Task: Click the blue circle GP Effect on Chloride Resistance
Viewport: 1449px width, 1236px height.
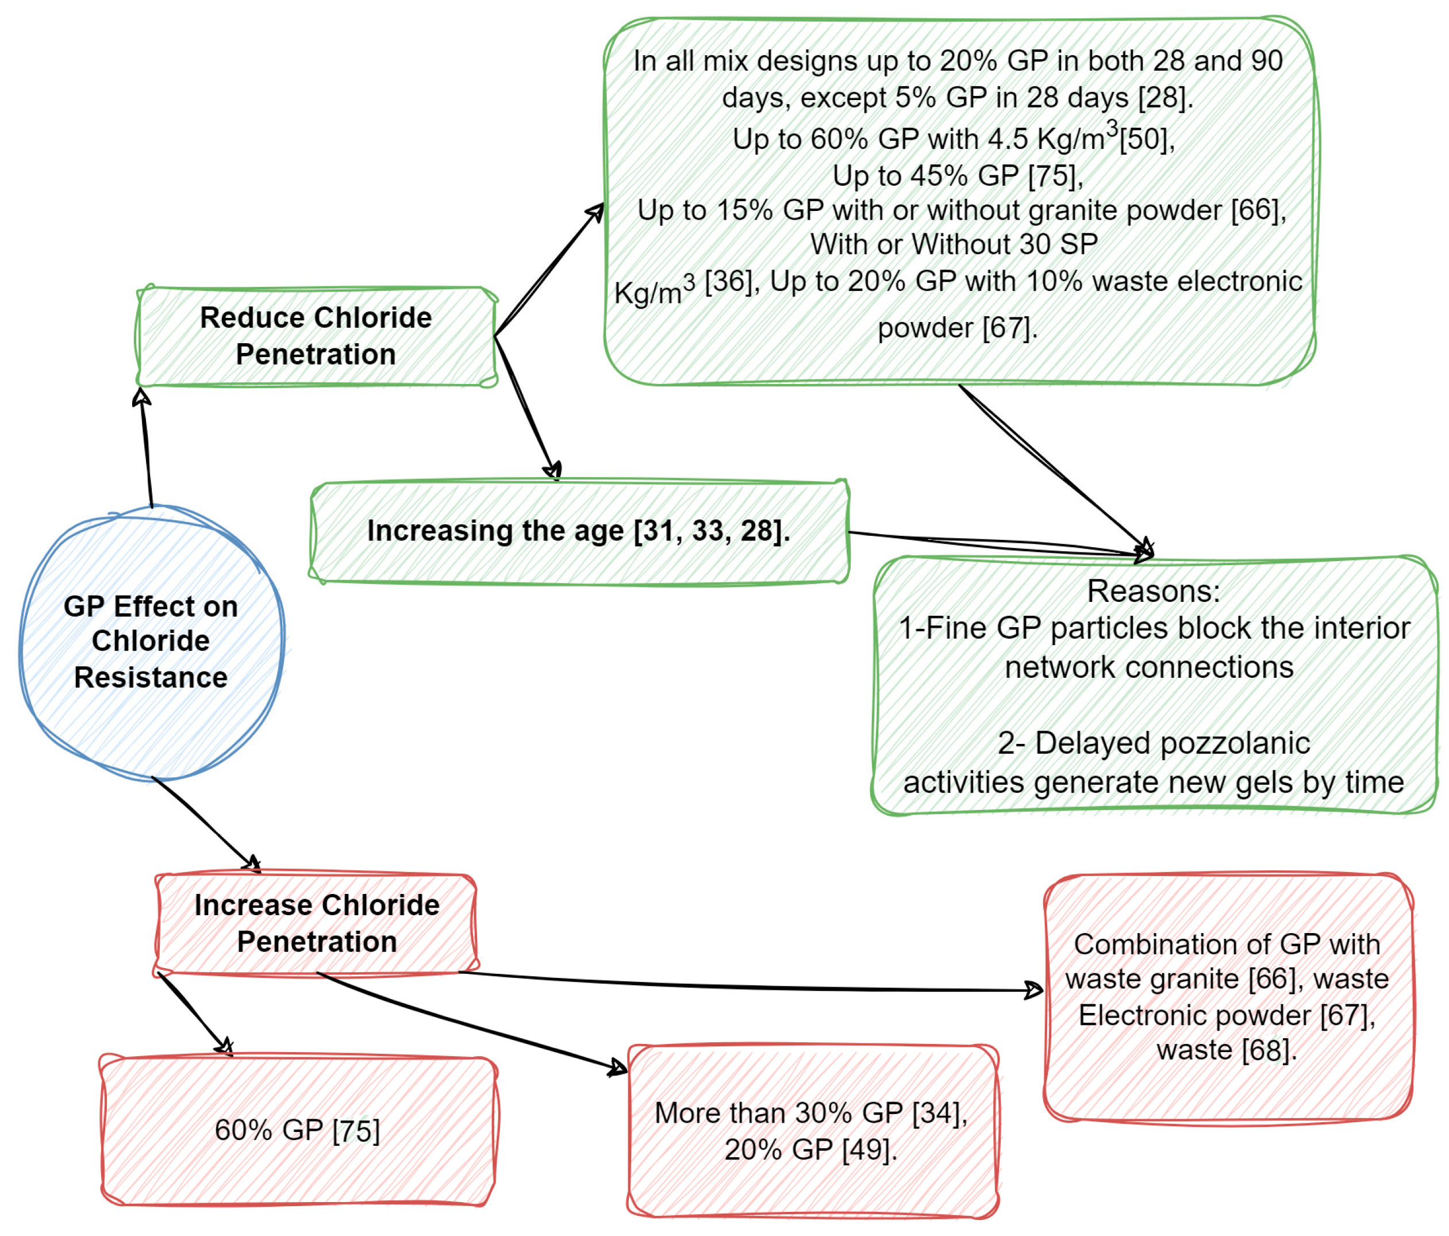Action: click(x=151, y=642)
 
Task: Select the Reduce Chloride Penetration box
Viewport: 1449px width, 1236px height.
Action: click(x=316, y=336)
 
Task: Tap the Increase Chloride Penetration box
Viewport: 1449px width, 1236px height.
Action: click(x=316, y=923)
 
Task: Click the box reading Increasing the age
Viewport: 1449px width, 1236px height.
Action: click(x=579, y=532)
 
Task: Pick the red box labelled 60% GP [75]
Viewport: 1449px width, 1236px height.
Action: click(x=297, y=1131)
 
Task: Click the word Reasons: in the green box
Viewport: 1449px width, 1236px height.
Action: click(x=1153, y=592)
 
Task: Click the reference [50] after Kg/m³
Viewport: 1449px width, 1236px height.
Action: click(x=1143, y=139)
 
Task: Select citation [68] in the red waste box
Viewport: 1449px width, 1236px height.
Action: click(x=1264, y=1051)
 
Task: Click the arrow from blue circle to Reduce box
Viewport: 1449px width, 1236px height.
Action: click(x=146, y=448)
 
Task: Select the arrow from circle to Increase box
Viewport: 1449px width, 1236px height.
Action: click(x=203, y=823)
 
